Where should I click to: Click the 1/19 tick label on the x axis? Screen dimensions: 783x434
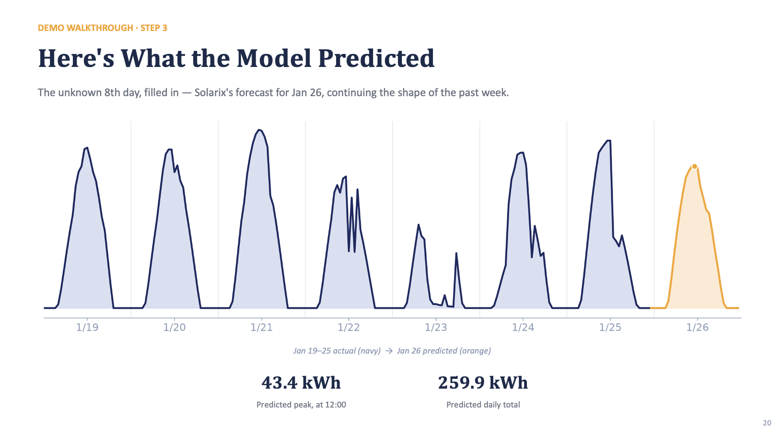click(87, 328)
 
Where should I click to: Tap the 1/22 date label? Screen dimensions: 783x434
click(349, 328)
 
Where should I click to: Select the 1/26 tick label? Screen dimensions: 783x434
click(697, 328)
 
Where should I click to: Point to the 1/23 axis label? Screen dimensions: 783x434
click(436, 328)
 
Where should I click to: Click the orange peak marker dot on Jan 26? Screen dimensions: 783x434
click(694, 166)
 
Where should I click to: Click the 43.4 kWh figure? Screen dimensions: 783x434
click(301, 383)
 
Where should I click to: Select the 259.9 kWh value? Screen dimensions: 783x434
click(483, 383)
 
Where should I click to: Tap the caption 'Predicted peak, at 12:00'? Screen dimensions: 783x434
click(301, 405)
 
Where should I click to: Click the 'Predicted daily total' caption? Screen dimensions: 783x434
click(483, 405)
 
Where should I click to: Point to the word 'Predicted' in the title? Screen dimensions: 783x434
click(376, 58)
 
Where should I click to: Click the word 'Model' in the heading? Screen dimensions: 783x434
click(274, 58)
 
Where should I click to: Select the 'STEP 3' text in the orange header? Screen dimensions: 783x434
click(154, 28)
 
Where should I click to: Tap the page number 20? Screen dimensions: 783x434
click(767, 423)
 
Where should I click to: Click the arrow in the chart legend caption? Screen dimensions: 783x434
click(389, 351)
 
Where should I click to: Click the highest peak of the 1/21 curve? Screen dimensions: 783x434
click(259, 130)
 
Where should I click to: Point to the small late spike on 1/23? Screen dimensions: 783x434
click(456, 253)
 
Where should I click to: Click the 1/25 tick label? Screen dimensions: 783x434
click(610, 328)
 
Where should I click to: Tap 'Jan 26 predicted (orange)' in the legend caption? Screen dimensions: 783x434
click(444, 351)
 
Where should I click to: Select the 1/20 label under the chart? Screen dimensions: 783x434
click(175, 328)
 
